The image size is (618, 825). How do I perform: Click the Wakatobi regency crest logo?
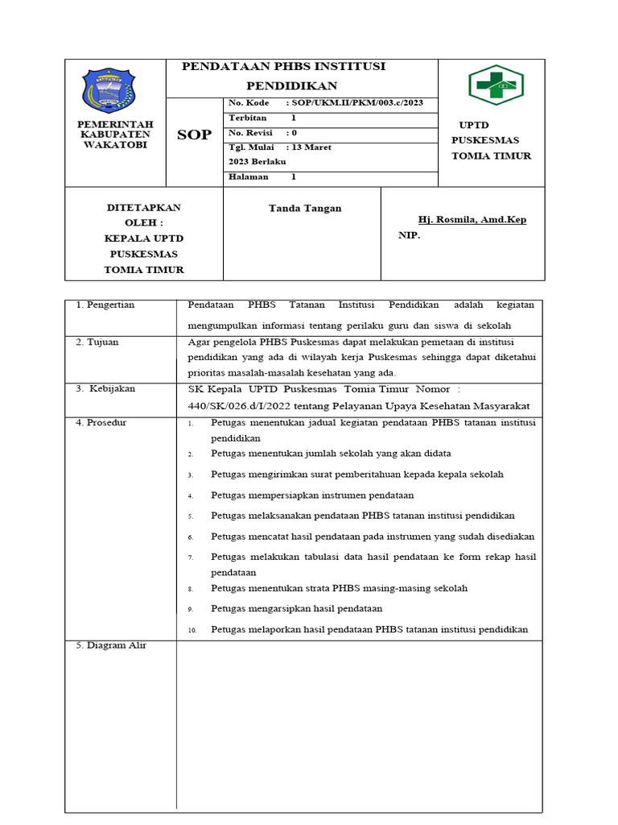[109, 90]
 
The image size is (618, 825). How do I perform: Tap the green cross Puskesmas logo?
[496, 85]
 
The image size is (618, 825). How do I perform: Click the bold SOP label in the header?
[194, 135]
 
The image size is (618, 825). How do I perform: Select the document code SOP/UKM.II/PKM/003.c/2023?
[354, 103]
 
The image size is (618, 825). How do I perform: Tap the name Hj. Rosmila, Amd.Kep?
[472, 219]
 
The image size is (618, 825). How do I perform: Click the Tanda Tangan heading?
[304, 208]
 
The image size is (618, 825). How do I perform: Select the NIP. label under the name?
[409, 236]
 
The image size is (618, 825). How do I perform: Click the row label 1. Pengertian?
[105, 305]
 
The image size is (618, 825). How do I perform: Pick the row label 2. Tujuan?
[97, 342]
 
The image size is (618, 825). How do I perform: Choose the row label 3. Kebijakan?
[106, 388]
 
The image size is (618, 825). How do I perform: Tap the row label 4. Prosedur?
[101, 422]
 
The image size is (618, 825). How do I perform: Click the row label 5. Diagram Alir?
[111, 645]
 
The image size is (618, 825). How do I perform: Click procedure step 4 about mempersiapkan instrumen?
[312, 495]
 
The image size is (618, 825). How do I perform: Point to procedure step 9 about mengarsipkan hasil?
[296, 608]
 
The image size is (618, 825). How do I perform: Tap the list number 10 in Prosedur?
[192, 630]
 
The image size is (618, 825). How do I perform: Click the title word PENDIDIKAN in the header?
[291, 85]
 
